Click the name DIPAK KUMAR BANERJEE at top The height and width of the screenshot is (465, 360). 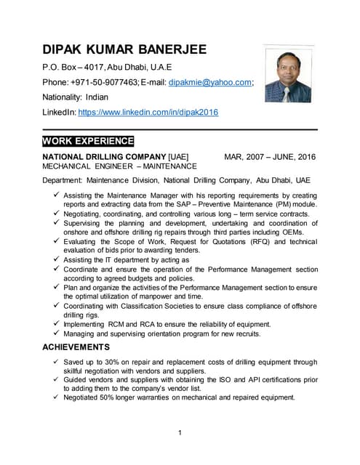124,50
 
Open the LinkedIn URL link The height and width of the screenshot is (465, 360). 148,113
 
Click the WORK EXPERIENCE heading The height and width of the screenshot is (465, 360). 88,141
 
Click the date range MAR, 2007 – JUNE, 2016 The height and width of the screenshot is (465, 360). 270,156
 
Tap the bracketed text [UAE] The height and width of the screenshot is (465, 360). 178,156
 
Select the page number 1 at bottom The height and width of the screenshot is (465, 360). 179,434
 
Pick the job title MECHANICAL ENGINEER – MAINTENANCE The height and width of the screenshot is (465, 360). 119,166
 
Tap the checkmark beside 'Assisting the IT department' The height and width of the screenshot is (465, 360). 57,259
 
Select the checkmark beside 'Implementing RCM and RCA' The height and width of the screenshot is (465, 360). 57,324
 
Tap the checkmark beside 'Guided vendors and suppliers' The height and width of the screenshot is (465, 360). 57,379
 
